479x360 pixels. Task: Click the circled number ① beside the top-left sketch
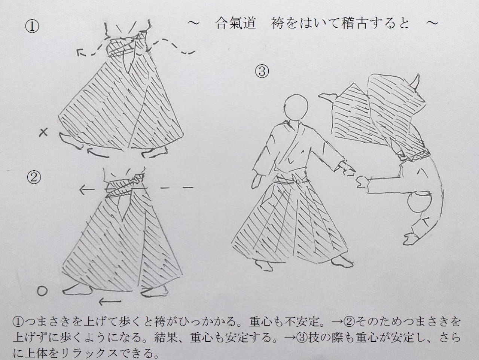pos(32,27)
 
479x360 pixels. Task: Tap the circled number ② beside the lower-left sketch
pos(34,177)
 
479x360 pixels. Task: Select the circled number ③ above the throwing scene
pos(262,71)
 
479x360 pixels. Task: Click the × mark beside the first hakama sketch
pos(43,132)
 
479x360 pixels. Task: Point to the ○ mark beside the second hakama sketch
pos(42,291)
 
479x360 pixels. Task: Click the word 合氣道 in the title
pos(236,23)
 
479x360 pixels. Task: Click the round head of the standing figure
pos(296,106)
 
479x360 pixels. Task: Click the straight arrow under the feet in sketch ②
pos(110,302)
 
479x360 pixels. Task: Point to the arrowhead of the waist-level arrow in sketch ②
pos(83,189)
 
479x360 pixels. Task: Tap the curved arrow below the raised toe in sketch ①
pos(98,152)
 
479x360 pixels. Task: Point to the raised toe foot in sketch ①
pos(70,139)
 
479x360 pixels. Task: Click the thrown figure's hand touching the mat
pos(411,239)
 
